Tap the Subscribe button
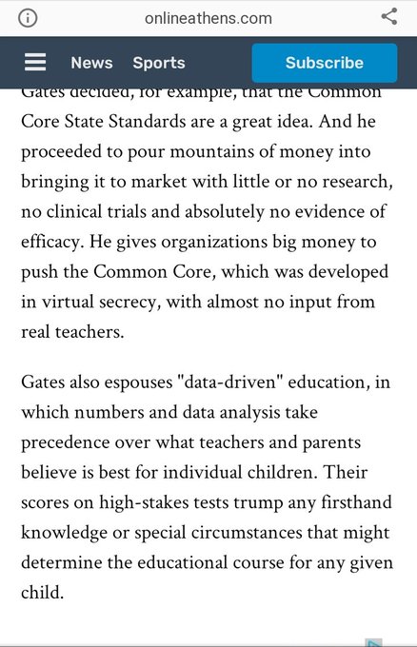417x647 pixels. pos(324,63)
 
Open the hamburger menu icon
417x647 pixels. pos(35,63)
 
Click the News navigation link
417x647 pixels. pos(91,63)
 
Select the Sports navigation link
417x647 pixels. pos(159,63)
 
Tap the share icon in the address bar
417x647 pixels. pos(388,17)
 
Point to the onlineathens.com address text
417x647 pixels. pos(208,18)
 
